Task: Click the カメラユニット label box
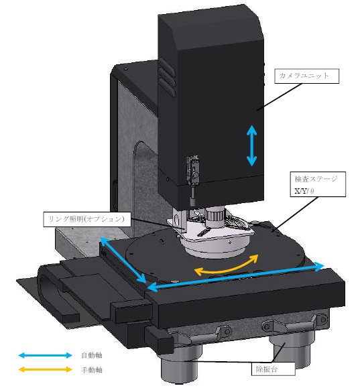point(306,76)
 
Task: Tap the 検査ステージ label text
point(316,179)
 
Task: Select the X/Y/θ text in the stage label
point(304,191)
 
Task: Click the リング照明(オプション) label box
point(87,219)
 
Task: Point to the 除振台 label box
point(273,369)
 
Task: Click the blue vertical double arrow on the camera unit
point(251,145)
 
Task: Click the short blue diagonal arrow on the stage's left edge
point(123,259)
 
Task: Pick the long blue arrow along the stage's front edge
point(235,276)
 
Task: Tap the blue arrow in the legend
point(46,355)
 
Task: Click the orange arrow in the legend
point(46,370)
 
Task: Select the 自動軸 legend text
point(92,355)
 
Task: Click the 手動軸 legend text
point(92,370)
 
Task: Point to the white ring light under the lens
point(215,246)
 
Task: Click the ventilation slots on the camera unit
point(167,78)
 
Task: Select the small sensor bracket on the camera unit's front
point(193,171)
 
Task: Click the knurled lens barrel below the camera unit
point(215,216)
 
